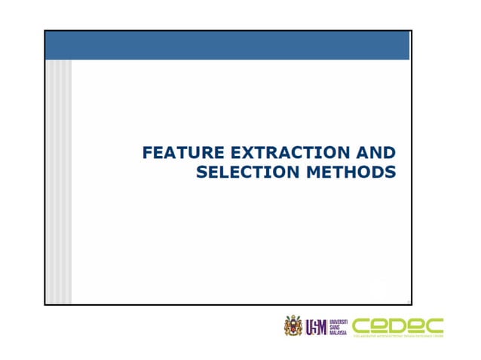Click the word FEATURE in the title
point(176,154)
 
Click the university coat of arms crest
point(293,326)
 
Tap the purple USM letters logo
point(316,327)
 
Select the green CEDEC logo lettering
point(397,325)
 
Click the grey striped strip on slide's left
point(60,181)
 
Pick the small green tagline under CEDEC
point(397,336)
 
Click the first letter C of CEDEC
point(363,325)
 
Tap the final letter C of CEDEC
point(434,325)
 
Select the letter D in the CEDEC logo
point(398,325)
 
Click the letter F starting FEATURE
point(148,154)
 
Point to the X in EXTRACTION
point(237,154)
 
